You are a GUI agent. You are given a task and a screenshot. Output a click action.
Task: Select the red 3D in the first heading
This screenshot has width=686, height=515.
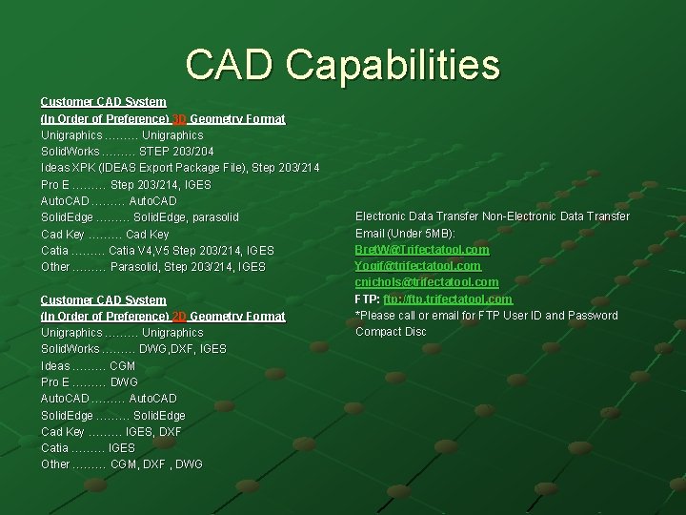(179, 119)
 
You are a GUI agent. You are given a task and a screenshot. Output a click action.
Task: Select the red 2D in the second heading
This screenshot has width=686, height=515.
(179, 317)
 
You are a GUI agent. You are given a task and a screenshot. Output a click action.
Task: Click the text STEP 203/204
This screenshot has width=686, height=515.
(176, 152)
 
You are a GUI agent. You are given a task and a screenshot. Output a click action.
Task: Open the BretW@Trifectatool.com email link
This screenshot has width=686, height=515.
(422, 250)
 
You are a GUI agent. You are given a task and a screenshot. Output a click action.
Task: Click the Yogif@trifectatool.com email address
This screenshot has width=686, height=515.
(418, 266)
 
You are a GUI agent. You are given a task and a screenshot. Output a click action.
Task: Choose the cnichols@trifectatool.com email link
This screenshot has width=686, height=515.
(427, 282)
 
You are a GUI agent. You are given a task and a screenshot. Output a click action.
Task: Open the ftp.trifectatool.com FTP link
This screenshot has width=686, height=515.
(450, 299)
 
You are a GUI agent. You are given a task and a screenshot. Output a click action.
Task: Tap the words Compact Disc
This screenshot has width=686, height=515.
(391, 332)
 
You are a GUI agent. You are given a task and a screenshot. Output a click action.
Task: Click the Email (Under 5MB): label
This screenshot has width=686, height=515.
(405, 234)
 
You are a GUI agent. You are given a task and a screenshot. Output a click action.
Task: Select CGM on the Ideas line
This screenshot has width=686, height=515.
(123, 366)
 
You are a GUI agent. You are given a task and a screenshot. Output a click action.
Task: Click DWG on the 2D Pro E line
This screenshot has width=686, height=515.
(124, 382)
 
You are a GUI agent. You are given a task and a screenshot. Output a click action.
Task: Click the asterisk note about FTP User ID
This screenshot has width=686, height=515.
(486, 316)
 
